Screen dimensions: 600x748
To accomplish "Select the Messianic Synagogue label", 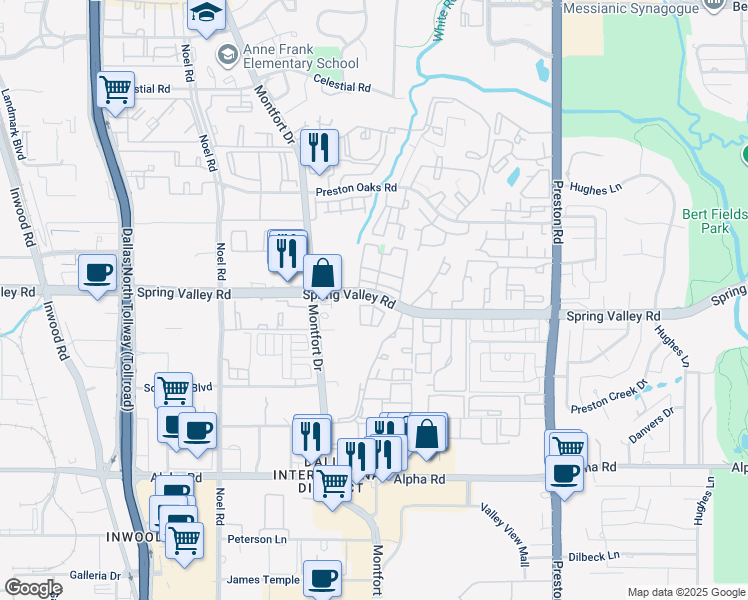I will tap(631, 8).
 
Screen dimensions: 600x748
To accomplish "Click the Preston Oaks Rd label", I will tap(357, 188).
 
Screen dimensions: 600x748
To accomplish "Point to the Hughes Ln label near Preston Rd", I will tap(595, 187).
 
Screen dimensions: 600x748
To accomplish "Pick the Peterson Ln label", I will tap(257, 539).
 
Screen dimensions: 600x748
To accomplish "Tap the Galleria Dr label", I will tap(95, 575).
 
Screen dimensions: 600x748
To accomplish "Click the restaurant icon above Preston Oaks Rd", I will tap(320, 148).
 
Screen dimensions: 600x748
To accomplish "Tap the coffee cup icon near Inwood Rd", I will tap(98, 273).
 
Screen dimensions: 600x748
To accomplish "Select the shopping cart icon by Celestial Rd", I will tap(116, 89).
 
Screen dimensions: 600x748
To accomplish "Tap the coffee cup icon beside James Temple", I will tap(322, 578).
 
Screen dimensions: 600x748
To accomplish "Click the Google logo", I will tap(33, 588).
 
